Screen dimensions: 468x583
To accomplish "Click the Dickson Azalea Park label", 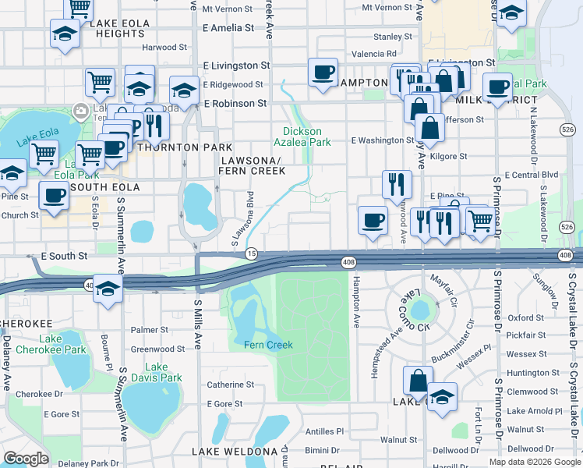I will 307,136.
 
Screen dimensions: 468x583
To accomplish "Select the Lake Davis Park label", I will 157,373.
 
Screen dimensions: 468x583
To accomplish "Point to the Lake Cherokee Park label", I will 51,344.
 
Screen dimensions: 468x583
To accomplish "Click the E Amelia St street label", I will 228,27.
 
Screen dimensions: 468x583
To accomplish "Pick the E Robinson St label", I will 235,103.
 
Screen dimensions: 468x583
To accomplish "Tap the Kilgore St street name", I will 452,156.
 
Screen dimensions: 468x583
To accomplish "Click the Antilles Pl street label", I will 324,431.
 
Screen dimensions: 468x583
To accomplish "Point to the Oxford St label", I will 525,318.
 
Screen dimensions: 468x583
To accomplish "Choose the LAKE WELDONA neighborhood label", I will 235,452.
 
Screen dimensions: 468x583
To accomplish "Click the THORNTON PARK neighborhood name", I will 185,147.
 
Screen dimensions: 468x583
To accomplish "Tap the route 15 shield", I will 252,253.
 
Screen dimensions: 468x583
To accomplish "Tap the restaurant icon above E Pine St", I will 397,184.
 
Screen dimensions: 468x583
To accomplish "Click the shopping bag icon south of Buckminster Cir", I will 418,381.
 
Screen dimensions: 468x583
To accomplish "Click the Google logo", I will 26,459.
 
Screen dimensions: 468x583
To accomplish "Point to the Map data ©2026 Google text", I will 534,462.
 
